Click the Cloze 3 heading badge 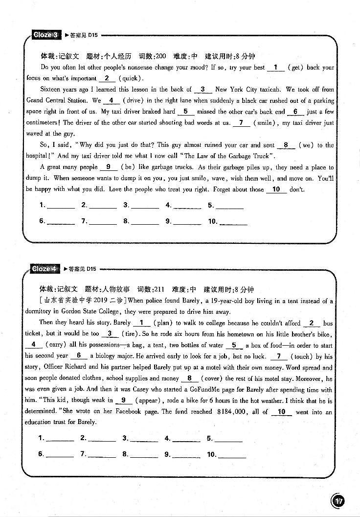[45, 35]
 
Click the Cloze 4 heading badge [45, 269]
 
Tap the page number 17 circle [338, 501]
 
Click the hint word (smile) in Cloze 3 [266, 123]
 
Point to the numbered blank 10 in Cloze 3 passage [276, 189]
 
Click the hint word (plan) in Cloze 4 [162, 323]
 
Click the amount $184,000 [232, 412]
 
